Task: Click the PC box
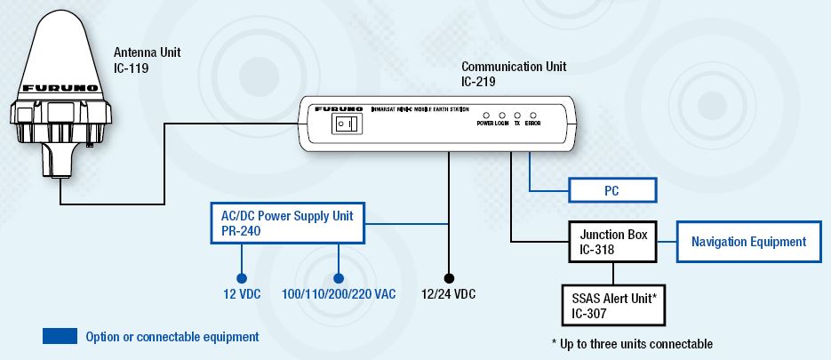pos(612,190)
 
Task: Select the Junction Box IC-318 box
pos(612,242)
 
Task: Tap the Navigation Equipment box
pos(748,242)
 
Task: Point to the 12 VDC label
pos(241,293)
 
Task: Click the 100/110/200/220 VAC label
pos(339,293)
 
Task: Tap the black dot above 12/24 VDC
pos(450,276)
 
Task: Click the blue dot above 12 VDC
pos(241,276)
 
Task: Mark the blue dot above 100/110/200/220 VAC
pos(339,276)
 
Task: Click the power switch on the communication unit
pos(342,124)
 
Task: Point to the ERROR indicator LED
pos(532,116)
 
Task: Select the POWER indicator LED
pos(486,116)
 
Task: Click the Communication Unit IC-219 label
pos(514,74)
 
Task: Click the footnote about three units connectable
pos(631,344)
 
